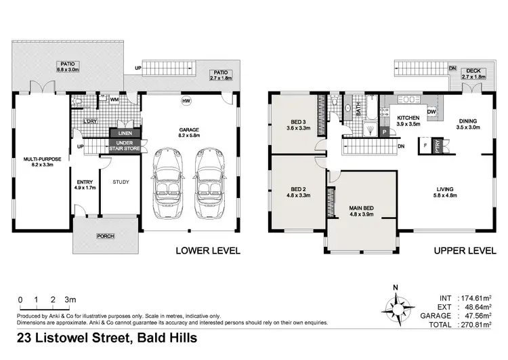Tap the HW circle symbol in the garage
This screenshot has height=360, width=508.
click(x=186, y=102)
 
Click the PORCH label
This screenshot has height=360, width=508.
click(x=105, y=236)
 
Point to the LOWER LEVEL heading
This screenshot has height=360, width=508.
click(x=208, y=250)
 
